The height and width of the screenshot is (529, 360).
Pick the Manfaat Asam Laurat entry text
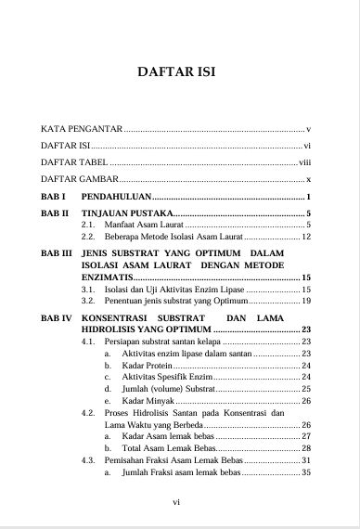click(142, 226)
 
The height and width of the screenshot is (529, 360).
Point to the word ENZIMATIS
click(107, 277)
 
